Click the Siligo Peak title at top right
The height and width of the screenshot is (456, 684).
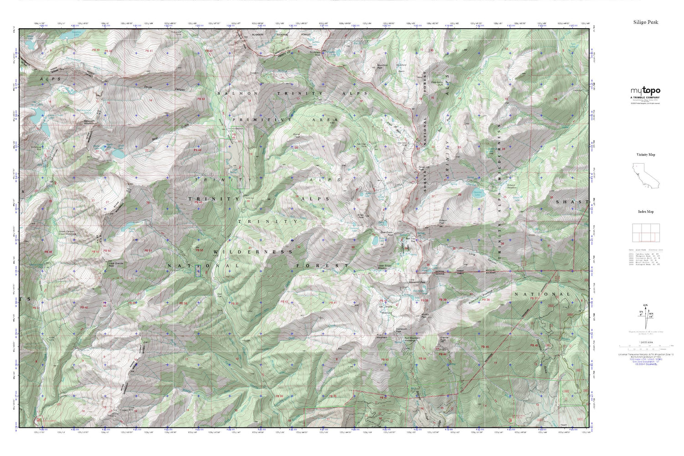pos(645,22)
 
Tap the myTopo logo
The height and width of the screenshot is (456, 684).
pos(645,91)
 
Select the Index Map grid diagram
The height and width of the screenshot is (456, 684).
pos(645,233)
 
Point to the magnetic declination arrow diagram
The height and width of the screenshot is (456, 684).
pos(645,315)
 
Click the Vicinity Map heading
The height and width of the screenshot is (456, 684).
pos(645,155)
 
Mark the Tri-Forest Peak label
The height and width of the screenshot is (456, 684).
pos(316,53)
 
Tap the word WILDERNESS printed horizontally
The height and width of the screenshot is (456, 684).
pos(252,252)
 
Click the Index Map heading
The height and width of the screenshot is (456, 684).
pos(645,212)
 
